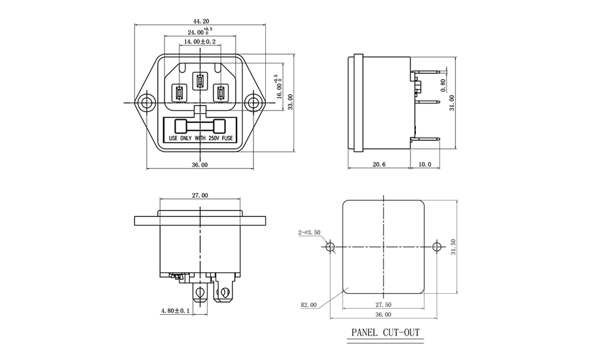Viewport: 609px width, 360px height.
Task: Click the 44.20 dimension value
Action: click(200, 22)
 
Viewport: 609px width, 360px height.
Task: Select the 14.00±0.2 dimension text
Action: click(200, 41)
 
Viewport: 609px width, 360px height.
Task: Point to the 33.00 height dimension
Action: click(290, 102)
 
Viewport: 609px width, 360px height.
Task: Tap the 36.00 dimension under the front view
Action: click(200, 165)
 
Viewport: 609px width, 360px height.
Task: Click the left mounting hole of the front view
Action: click(147, 103)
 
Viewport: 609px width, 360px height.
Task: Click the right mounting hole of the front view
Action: click(253, 103)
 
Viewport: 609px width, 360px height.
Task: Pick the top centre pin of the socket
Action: click(200, 81)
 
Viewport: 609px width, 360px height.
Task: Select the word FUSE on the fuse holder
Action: click(227, 138)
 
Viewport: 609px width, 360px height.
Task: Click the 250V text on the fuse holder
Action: click(214, 138)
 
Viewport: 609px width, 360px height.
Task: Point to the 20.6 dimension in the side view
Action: click(379, 164)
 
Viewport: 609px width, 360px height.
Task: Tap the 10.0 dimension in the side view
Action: click(424, 164)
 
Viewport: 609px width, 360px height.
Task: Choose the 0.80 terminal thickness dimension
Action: click(443, 86)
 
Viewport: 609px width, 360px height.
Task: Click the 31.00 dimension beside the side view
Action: click(452, 103)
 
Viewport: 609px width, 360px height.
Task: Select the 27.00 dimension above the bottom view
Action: click(200, 195)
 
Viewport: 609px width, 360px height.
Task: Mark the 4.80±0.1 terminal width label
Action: click(175, 311)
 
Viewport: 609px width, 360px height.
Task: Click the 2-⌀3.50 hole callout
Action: click(309, 232)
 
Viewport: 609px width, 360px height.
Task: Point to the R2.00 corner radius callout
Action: click(309, 305)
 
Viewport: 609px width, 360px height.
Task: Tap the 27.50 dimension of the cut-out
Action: click(383, 305)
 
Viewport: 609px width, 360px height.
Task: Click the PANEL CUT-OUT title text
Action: click(386, 333)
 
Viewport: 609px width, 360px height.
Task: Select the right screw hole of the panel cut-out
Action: click(437, 247)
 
